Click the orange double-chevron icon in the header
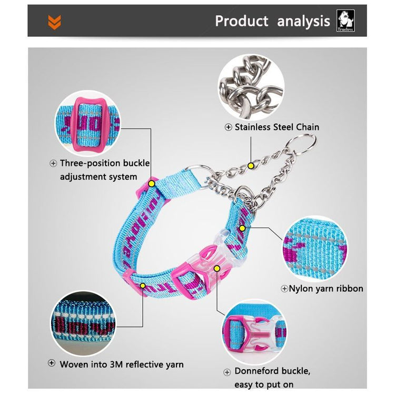pos(54,22)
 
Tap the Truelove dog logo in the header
pos(345,21)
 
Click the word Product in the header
pos(242,21)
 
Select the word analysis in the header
pos(303,22)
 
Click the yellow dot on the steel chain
pos(250,166)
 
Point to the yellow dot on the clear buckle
pos(216,269)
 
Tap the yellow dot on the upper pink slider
pos(151,184)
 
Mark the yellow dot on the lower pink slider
pos(143,285)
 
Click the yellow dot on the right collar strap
pos(242,229)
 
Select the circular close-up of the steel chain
pos(251,87)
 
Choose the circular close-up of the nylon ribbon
pos(314,249)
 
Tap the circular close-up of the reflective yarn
pos(83,323)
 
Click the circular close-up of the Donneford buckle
pos(254,332)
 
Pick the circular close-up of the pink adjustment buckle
pos(87,123)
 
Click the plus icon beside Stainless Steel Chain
pos(228,127)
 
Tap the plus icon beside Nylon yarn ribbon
pos(284,289)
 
